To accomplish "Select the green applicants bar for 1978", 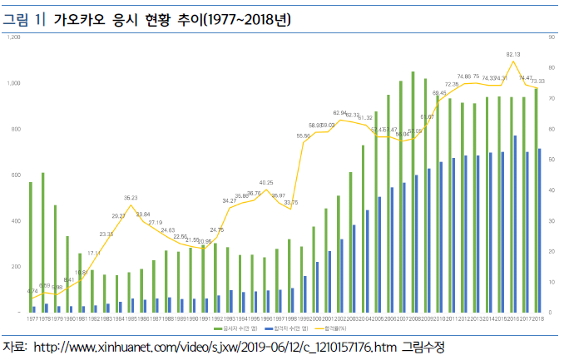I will pyautogui.click(x=42, y=242).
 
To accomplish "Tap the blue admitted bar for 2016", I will pyautogui.click(x=515, y=224).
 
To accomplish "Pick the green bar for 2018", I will pyautogui.click(x=536, y=200).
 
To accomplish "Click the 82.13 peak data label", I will pyautogui.click(x=512, y=54).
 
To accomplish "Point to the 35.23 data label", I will pyautogui.click(x=131, y=198).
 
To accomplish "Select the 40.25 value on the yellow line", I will pyautogui.click(x=266, y=182).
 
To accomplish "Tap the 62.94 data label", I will pyautogui.click(x=339, y=112).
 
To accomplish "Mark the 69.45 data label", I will pyautogui.click(x=438, y=93).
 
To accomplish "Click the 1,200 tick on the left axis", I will pyautogui.click(x=13, y=37).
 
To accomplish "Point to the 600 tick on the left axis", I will pyautogui.click(x=15, y=175).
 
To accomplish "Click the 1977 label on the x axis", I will pyautogui.click(x=32, y=318).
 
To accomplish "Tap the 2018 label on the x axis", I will pyautogui.click(x=538, y=318).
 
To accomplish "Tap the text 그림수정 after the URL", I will pyautogui.click(x=423, y=346).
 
